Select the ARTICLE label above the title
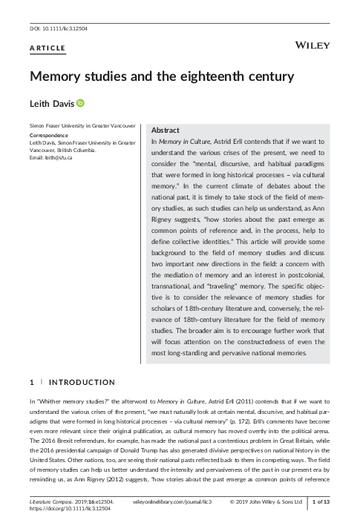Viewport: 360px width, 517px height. [48, 49]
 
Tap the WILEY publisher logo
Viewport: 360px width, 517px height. [312, 46]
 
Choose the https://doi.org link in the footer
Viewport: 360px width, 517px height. [62, 510]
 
